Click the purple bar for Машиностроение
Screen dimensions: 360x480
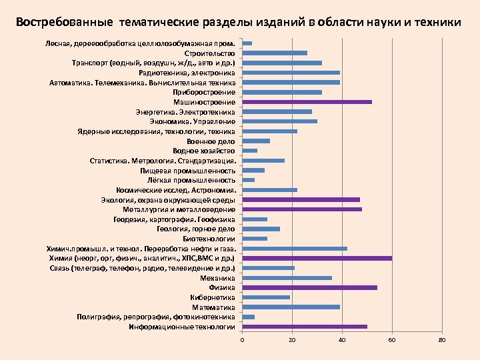click(x=307, y=102)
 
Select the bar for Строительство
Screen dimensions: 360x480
click(x=275, y=53)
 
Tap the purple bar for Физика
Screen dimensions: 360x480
click(x=309, y=288)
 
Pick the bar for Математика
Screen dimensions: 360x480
click(x=291, y=307)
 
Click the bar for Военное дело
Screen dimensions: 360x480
click(x=256, y=141)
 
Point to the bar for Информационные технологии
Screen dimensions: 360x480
click(x=305, y=327)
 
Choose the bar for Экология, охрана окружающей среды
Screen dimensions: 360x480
click(x=301, y=199)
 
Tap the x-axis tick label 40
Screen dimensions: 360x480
click(x=342, y=341)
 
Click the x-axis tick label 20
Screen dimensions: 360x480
click(x=292, y=341)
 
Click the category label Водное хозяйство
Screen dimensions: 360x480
click(x=204, y=151)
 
